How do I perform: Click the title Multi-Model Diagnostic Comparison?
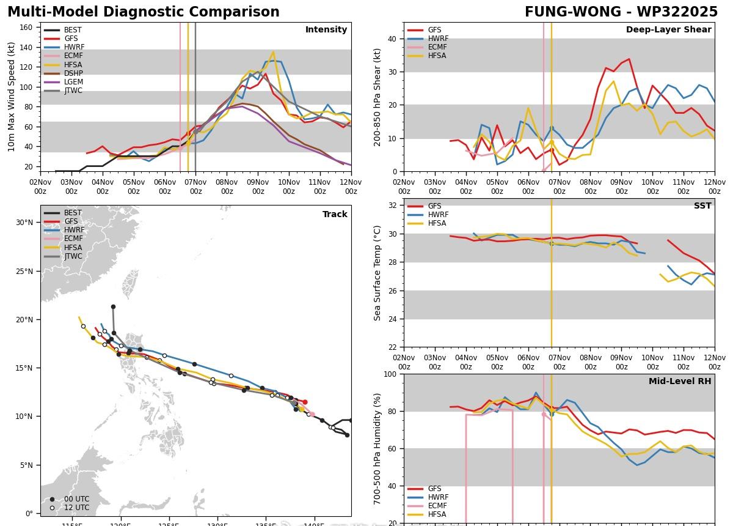[144, 12]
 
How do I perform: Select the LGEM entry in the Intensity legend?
[73, 82]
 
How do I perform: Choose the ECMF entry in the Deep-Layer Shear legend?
[436, 47]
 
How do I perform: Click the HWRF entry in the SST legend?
[438, 215]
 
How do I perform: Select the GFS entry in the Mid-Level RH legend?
[434, 489]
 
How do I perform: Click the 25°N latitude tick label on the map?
[24, 271]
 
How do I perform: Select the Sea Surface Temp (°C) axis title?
[377, 273]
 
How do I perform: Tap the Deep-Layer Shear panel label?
[668, 30]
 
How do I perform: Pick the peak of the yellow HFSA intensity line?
[273, 52]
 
